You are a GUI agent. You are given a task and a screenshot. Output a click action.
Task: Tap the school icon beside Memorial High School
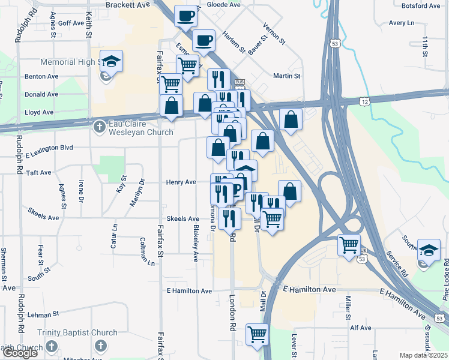coord(111,61)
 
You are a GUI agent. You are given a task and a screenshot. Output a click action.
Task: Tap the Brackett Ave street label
coord(127,5)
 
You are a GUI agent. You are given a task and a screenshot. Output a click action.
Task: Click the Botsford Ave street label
coord(421,6)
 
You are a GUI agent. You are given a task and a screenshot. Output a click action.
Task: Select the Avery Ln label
coord(402,23)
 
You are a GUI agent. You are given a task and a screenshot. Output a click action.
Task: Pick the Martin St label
coord(286,76)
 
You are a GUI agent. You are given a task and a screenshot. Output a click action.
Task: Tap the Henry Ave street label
coord(181,182)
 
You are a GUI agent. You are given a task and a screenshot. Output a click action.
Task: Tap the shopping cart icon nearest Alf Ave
coord(257,334)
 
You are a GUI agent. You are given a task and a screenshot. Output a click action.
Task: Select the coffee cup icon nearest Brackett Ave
coord(186,15)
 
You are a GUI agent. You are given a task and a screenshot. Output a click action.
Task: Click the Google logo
coord(20,353)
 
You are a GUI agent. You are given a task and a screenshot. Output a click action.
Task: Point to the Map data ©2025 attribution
coord(423,355)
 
